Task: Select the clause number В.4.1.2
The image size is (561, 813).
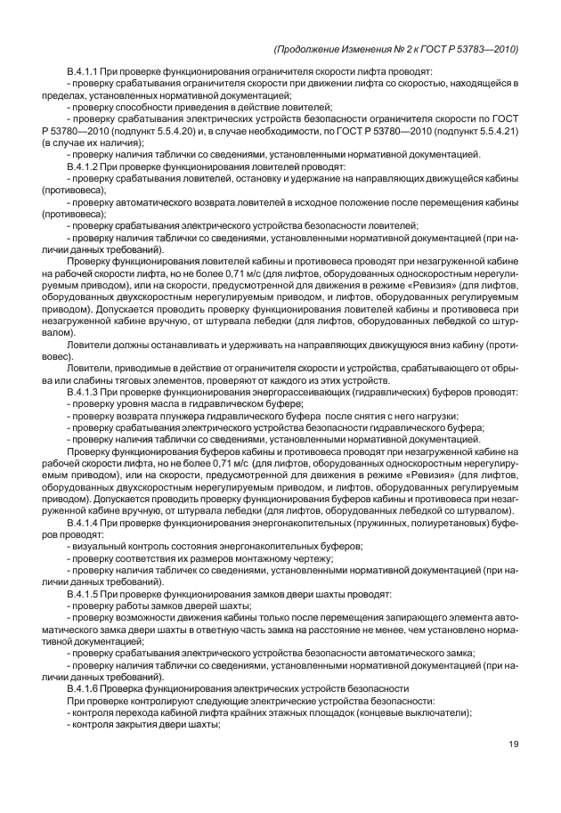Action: [85, 166]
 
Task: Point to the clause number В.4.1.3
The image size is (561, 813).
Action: [85, 392]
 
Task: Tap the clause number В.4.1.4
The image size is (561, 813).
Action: [85, 523]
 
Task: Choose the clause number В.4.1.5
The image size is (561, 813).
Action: [85, 593]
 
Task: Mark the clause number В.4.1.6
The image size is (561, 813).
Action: [85, 688]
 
